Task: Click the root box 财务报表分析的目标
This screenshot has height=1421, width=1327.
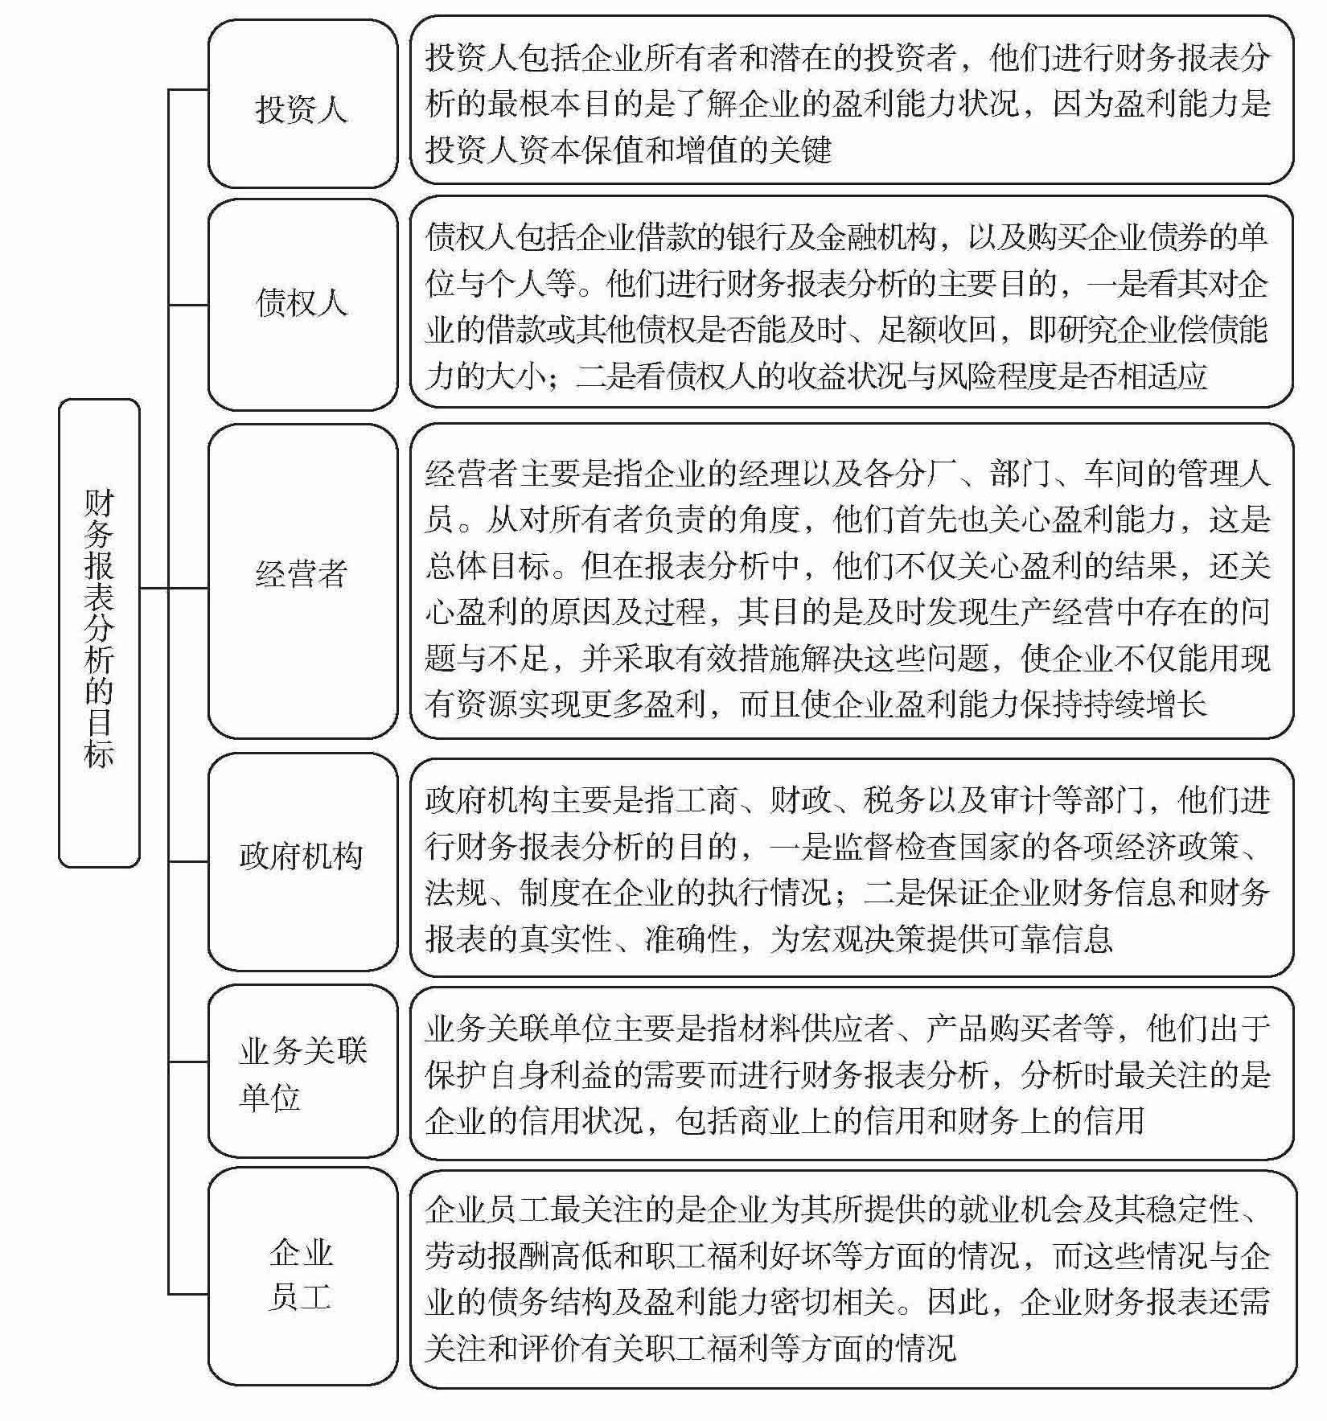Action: click(x=99, y=632)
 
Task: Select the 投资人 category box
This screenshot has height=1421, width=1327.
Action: click(x=302, y=105)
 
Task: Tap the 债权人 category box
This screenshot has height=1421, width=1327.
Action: click(x=302, y=304)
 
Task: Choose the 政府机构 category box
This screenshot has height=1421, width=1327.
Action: click(x=302, y=861)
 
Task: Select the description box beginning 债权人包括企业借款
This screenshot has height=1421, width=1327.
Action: click(x=851, y=304)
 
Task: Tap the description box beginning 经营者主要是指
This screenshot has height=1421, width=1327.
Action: click(x=851, y=580)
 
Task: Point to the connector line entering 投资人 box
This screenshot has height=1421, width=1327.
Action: click(x=188, y=89)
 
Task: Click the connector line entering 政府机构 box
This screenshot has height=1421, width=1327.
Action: click(x=188, y=861)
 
